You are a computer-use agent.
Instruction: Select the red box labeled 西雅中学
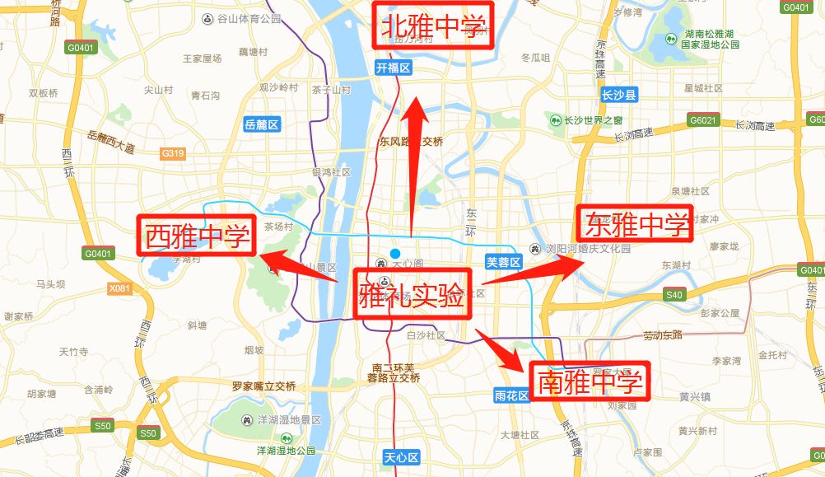pyautogui.click(x=197, y=236)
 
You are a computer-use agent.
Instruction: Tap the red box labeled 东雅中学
pyautogui.click(x=635, y=223)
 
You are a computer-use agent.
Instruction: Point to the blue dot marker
pyautogui.click(x=395, y=252)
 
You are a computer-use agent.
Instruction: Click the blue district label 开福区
pyautogui.click(x=393, y=68)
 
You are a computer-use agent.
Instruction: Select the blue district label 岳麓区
pyautogui.click(x=263, y=124)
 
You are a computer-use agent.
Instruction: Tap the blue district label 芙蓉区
pyautogui.click(x=504, y=262)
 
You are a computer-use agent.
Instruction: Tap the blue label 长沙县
pyautogui.click(x=620, y=95)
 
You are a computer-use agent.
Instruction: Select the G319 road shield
pyautogui.click(x=173, y=153)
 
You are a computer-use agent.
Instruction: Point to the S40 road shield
pyautogui.click(x=674, y=294)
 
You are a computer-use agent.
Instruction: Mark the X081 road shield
pyautogui.click(x=119, y=288)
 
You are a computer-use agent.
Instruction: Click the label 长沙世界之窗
pyautogui.click(x=592, y=120)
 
